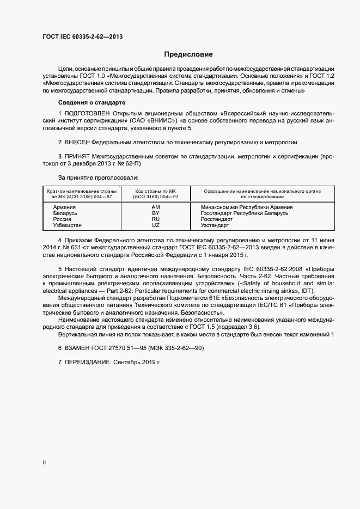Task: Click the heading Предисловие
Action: point(188,54)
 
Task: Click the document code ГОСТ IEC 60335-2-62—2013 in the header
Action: point(82,37)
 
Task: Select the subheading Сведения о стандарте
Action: point(91,102)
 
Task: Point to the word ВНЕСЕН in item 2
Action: point(77,142)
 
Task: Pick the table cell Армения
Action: point(64,207)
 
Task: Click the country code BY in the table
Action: point(155,213)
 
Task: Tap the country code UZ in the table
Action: point(155,225)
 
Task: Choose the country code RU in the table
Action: point(155,219)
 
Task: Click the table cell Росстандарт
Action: point(217,219)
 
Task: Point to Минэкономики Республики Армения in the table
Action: point(246,207)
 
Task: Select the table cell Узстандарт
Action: point(215,225)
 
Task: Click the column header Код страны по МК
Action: point(156,191)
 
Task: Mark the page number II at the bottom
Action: point(44,463)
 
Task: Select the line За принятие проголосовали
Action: point(98,178)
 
